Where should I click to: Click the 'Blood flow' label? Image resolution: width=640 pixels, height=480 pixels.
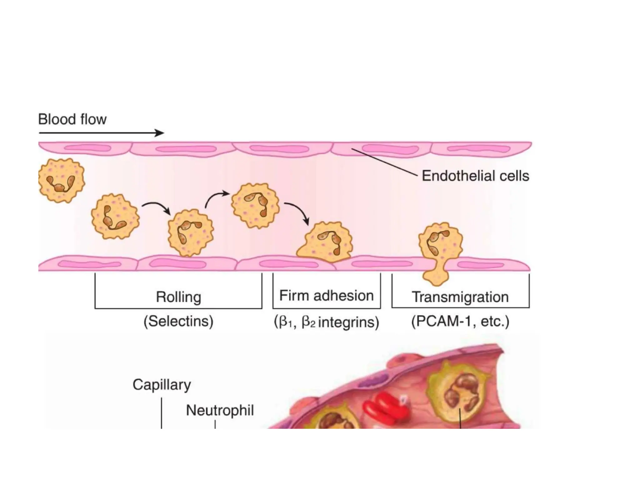(x=72, y=120)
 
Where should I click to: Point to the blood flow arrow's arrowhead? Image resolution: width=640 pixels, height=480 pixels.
(x=160, y=133)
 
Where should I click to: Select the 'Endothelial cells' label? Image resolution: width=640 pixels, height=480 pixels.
(x=475, y=176)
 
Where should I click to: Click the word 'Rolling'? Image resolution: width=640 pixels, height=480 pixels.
(x=178, y=297)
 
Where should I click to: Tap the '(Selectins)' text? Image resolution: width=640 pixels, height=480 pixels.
(x=178, y=321)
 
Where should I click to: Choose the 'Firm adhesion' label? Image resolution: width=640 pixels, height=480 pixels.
(x=326, y=296)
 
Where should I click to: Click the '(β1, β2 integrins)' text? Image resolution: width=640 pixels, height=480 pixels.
(x=326, y=322)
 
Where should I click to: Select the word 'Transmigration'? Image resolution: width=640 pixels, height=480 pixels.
(x=460, y=297)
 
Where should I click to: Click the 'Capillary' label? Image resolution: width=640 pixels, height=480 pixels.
(x=162, y=385)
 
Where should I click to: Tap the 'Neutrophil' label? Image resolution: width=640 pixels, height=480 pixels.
(x=220, y=410)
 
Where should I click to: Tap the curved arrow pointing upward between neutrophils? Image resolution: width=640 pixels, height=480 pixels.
(x=216, y=197)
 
